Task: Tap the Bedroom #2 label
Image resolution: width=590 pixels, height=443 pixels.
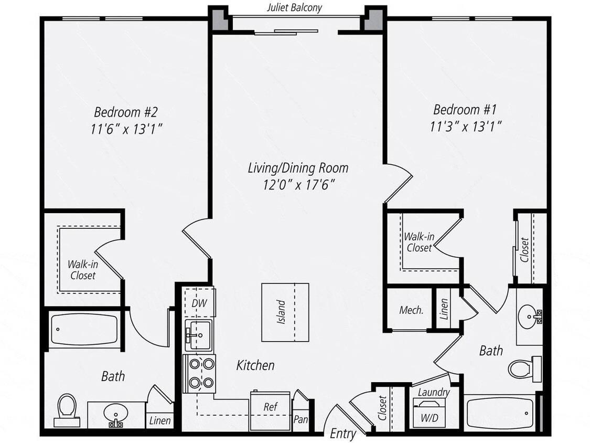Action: click(x=125, y=112)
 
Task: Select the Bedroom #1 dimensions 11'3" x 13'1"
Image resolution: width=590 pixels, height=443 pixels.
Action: click(x=464, y=125)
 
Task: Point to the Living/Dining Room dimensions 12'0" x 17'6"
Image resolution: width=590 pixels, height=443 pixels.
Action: click(x=297, y=184)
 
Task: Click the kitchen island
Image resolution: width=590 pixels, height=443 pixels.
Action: click(x=285, y=312)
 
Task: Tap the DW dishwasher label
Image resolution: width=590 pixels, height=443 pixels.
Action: click(x=198, y=303)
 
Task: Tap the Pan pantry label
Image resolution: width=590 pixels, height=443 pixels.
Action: click(x=301, y=419)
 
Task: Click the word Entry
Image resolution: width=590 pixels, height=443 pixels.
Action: click(x=343, y=434)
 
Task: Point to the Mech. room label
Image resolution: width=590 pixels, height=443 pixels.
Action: click(x=411, y=310)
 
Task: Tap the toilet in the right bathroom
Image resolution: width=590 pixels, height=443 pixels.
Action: click(x=522, y=368)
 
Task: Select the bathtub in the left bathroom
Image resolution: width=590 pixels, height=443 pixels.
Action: click(x=83, y=330)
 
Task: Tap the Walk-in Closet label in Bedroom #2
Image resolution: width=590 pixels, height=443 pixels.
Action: click(x=83, y=269)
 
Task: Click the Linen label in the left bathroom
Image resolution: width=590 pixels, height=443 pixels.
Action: click(x=160, y=421)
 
